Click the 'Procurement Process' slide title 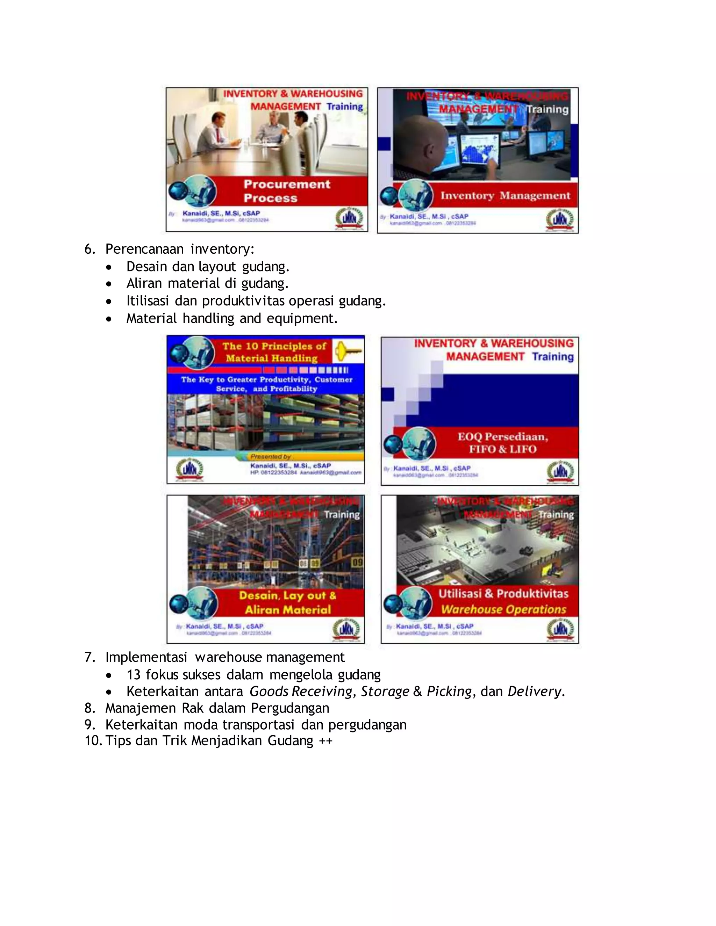tap(287, 191)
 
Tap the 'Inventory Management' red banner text tap(505, 195)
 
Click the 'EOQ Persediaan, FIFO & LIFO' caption tap(503, 443)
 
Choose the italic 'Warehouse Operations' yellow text tap(503, 609)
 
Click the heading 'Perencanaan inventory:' tap(179, 249)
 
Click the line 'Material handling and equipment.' tap(231, 318)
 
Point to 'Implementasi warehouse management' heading tap(225, 657)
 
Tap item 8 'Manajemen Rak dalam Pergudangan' tap(217, 708)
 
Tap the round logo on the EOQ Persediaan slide tap(560, 471)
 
